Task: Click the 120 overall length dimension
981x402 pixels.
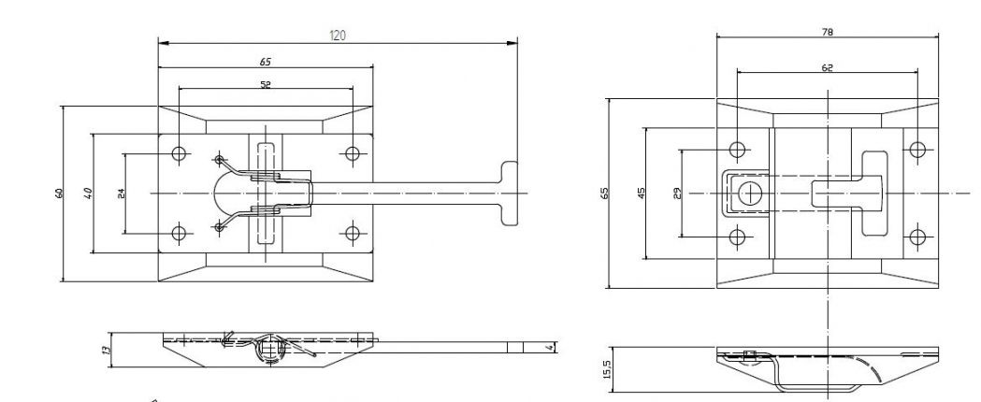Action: click(338, 36)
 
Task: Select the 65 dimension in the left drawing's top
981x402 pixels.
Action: click(266, 61)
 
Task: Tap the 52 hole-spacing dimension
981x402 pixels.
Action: click(266, 84)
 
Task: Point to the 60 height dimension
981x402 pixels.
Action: click(58, 193)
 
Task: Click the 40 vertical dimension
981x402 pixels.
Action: click(87, 193)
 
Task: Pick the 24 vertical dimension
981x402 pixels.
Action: click(119, 193)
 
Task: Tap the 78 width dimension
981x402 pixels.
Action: click(828, 32)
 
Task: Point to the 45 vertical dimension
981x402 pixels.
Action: click(641, 193)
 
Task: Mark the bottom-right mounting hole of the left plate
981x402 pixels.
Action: click(352, 233)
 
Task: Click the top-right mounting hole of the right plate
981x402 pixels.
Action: click(918, 150)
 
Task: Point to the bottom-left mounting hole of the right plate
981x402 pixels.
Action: click(738, 236)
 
